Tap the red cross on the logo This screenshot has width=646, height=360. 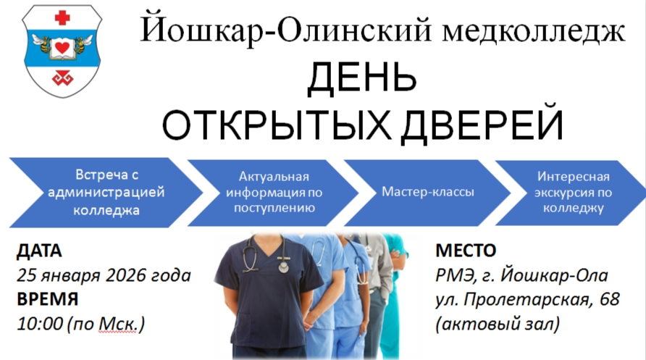tap(64, 17)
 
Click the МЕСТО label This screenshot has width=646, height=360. tap(466, 251)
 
